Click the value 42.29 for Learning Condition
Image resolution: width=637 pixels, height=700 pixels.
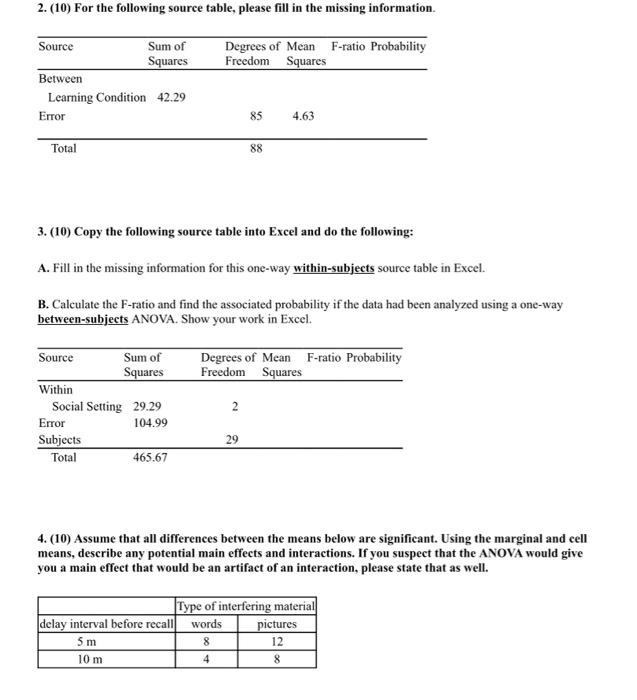click(x=171, y=97)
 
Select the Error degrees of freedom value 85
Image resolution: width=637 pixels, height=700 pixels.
click(x=256, y=116)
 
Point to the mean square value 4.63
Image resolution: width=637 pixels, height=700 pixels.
click(x=303, y=116)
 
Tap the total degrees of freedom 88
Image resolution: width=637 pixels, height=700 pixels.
click(x=256, y=149)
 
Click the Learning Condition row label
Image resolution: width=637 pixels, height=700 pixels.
click(x=97, y=97)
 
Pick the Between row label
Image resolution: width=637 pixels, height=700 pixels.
click(x=60, y=78)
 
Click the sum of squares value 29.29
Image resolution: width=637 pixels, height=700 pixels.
click(x=148, y=406)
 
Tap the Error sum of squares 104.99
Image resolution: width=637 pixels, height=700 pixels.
click(x=151, y=423)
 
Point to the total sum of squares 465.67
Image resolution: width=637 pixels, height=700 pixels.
click(x=150, y=457)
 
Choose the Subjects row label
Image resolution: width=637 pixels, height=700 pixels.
click(x=60, y=440)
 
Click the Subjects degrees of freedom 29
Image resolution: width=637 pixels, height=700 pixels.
click(x=232, y=440)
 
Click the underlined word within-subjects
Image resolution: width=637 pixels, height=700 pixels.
click(x=333, y=269)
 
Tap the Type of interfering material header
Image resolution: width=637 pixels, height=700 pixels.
click(x=245, y=607)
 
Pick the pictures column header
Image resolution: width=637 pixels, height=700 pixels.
click(x=277, y=624)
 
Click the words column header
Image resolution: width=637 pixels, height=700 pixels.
click(x=206, y=624)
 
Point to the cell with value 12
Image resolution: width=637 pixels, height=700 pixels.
click(x=277, y=642)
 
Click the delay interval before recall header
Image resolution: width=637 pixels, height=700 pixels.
click(x=106, y=624)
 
